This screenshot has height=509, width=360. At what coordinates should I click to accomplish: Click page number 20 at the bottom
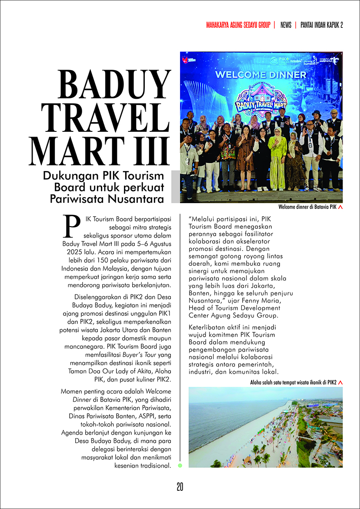[180, 487]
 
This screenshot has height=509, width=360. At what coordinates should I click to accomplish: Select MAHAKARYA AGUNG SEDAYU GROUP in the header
[238, 25]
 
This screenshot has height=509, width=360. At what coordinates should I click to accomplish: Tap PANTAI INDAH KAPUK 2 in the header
[322, 25]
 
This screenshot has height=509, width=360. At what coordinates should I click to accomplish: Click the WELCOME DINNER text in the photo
[261, 74]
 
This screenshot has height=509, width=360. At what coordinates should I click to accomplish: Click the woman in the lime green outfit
[277, 161]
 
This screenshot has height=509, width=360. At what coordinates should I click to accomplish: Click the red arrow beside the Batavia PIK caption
[340, 208]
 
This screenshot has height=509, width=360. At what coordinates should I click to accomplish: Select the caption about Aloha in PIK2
[293, 382]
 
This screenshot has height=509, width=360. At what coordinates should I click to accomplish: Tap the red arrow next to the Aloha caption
[340, 382]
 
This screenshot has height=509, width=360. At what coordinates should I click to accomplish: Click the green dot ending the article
[180, 465]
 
